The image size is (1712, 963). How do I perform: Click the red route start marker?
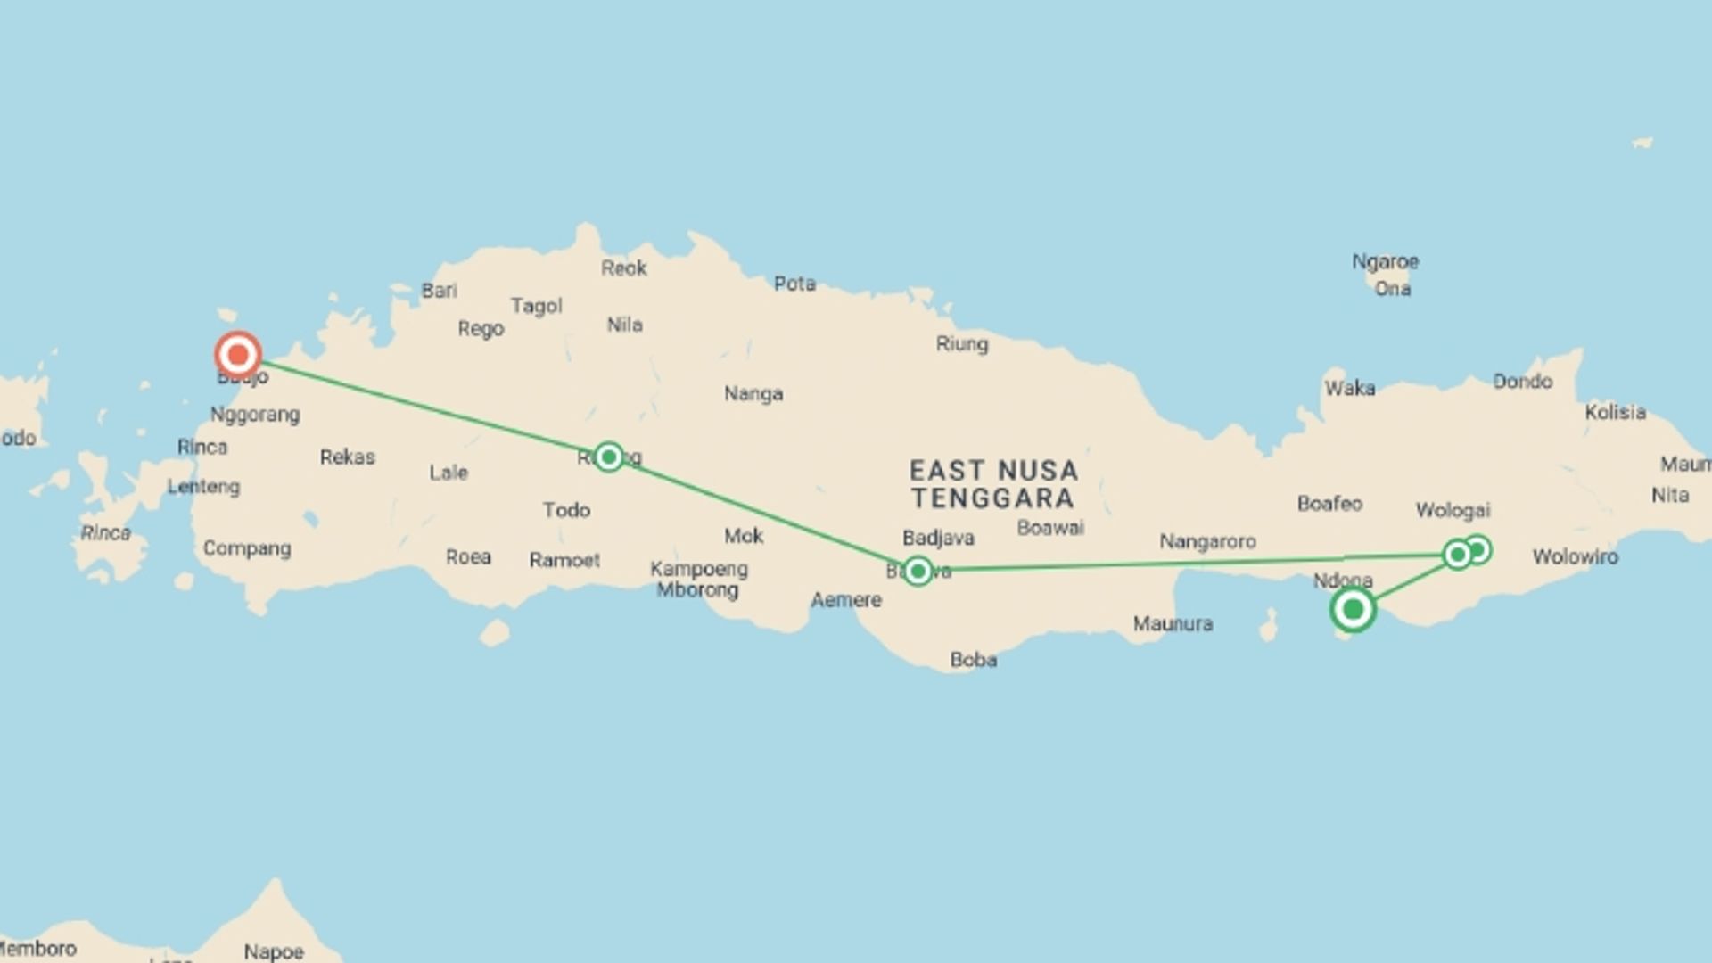(238, 355)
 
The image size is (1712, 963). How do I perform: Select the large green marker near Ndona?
(1353, 610)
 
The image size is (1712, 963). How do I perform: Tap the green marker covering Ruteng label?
(609, 457)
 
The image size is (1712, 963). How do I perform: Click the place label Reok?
(623, 268)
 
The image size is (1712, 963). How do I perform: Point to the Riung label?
(961, 344)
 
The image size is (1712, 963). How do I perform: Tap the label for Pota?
(794, 284)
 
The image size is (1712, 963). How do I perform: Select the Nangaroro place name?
(1207, 541)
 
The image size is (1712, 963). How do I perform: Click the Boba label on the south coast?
(973, 660)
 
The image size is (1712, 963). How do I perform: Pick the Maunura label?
(1173, 624)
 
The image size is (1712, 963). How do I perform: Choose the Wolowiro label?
(1575, 557)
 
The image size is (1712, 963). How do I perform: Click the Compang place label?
(247, 548)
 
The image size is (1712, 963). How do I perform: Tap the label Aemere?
(845, 600)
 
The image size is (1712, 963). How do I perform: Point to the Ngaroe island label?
(1385, 262)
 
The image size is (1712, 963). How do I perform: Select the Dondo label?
(1522, 382)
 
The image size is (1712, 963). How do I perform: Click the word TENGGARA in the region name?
(992, 498)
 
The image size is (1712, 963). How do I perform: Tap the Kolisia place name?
(1615, 413)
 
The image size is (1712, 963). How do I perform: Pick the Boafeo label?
(1329, 504)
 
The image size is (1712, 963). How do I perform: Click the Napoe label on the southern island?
(274, 951)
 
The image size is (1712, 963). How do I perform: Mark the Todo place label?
(566, 510)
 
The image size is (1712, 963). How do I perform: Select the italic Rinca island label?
(105, 533)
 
